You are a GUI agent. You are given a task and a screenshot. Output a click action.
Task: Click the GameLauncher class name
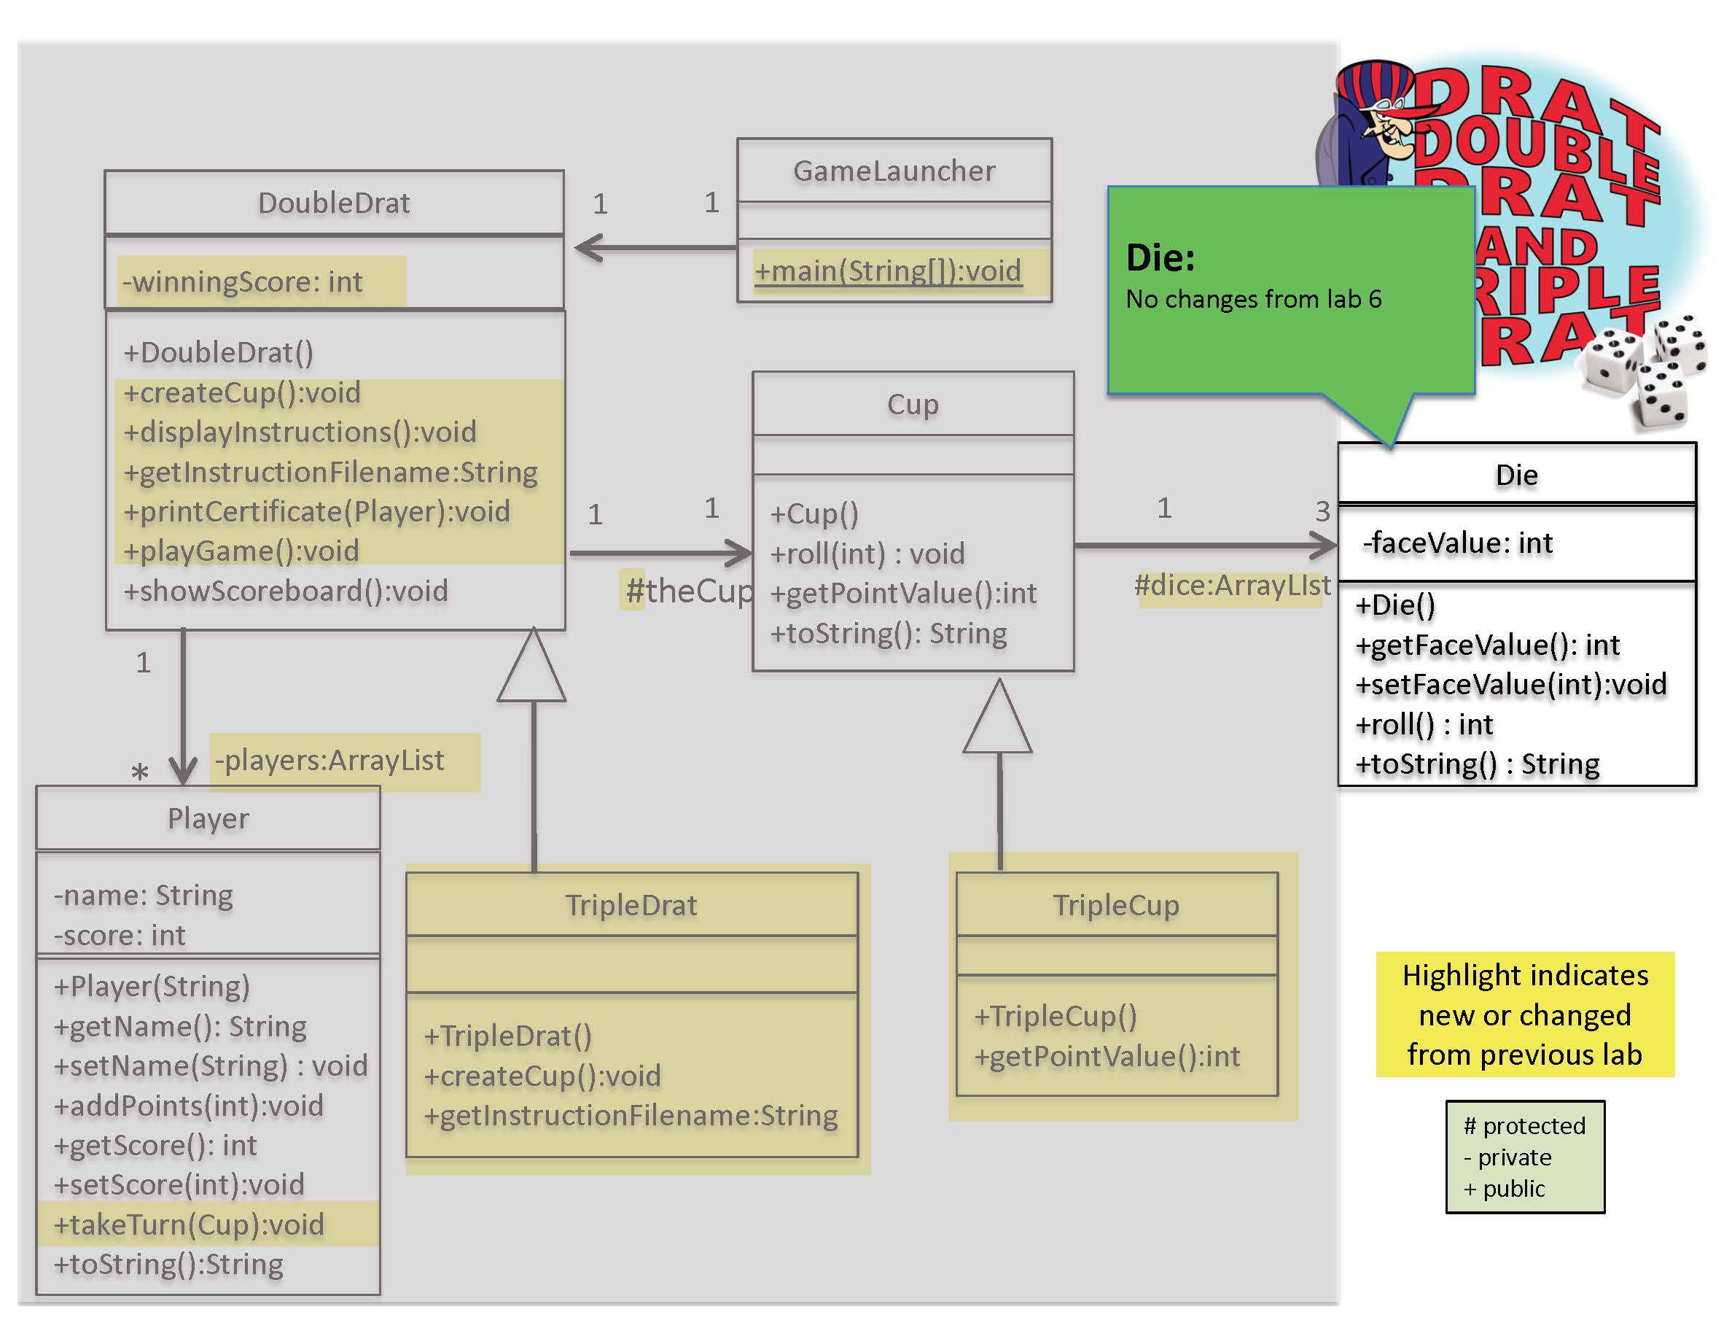coord(894,171)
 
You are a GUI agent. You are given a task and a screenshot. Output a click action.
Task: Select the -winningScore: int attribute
coord(243,282)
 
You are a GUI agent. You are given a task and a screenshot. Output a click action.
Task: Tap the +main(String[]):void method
coord(887,271)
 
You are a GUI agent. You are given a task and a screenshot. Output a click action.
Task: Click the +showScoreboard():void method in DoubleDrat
coord(286,591)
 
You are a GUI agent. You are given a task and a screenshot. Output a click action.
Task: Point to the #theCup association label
coord(687,591)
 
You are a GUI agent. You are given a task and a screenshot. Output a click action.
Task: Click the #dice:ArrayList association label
coord(1232,586)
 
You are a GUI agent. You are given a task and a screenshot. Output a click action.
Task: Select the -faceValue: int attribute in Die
coord(1456,543)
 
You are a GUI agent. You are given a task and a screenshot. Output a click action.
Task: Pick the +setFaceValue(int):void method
coord(1510,684)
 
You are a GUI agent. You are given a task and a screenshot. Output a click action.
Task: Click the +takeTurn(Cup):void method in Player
coord(189,1224)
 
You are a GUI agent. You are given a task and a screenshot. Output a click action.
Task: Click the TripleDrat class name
coord(631,905)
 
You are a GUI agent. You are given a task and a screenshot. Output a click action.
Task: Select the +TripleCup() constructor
coord(1056,1015)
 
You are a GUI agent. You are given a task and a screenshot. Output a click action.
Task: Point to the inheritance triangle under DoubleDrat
coord(532,668)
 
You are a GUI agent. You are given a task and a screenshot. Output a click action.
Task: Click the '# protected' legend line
coord(1524,1125)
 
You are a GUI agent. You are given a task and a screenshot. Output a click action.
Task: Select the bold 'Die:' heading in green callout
coord(1160,257)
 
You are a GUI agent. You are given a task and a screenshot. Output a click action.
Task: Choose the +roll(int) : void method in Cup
coord(867,554)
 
